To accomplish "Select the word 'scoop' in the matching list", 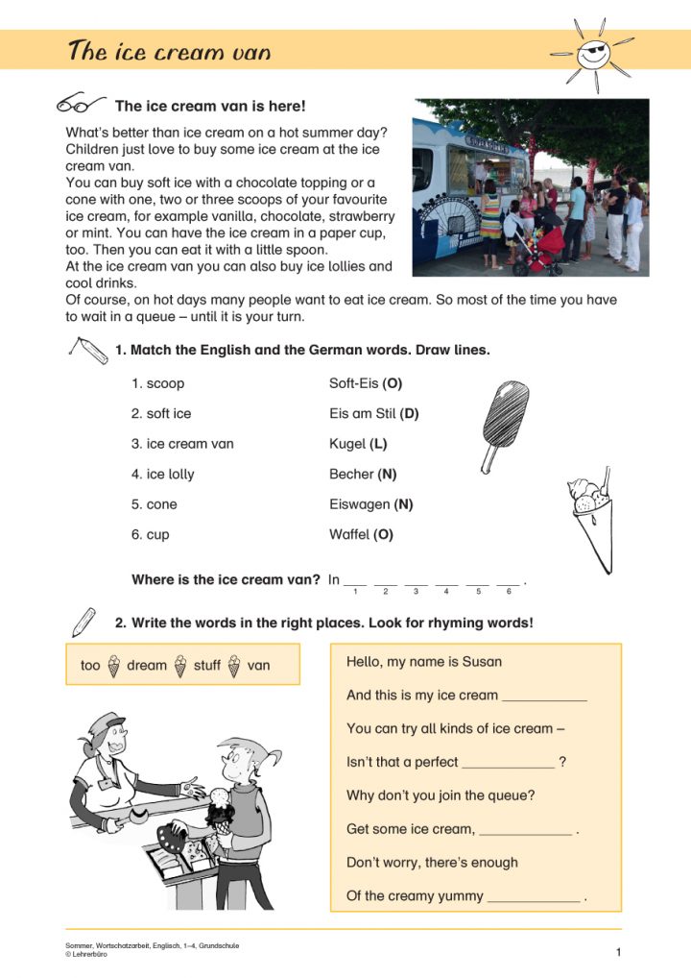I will coord(165,383).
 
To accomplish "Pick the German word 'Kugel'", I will coord(347,444).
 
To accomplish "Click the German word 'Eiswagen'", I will coord(359,504).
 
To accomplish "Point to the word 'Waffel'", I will coord(349,535).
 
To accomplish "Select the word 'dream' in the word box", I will coord(147,665).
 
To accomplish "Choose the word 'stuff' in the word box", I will coord(207,665).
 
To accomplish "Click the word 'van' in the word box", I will coord(259,665).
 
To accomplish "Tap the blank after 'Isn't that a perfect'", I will coord(508,764).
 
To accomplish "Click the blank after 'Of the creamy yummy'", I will coord(534,898).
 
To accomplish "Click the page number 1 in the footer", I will coord(619,952).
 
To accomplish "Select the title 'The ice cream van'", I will coord(170,51).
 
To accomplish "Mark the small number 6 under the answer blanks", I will coord(509,591).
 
